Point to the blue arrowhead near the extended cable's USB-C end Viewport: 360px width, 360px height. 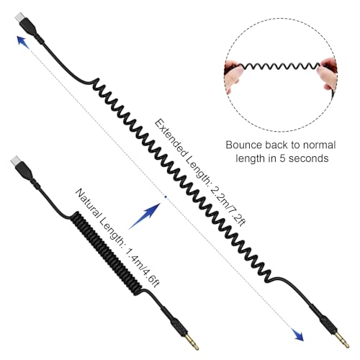click(x=23, y=41)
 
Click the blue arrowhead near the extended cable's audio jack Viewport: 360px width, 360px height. click(x=298, y=335)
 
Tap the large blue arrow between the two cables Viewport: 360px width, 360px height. click(x=145, y=216)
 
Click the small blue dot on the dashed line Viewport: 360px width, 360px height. click(x=166, y=197)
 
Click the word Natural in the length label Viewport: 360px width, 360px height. click(x=89, y=205)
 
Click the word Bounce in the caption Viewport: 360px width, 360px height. click(x=243, y=145)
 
